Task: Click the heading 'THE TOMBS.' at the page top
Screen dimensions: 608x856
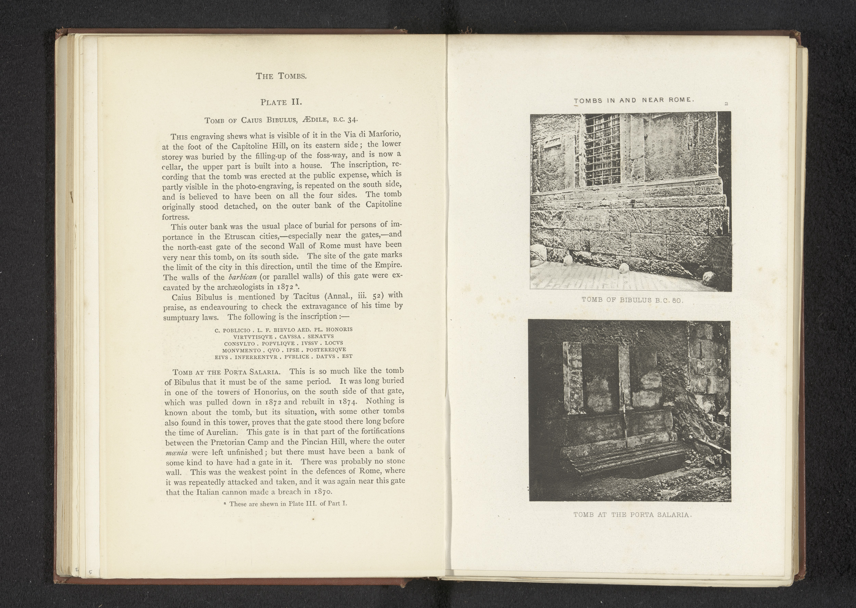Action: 281,76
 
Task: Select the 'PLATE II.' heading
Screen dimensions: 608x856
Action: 281,102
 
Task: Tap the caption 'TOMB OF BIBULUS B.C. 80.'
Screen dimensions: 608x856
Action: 633,300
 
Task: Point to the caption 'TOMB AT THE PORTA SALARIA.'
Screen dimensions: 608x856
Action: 632,515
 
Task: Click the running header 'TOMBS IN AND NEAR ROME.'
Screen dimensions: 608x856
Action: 634,100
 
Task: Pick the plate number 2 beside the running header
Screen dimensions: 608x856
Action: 726,104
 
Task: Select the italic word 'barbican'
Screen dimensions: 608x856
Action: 242,277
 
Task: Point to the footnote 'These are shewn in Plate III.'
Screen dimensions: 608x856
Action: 288,504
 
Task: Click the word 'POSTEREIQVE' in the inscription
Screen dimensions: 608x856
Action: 326,350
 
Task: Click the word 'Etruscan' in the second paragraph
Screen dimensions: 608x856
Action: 241,237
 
